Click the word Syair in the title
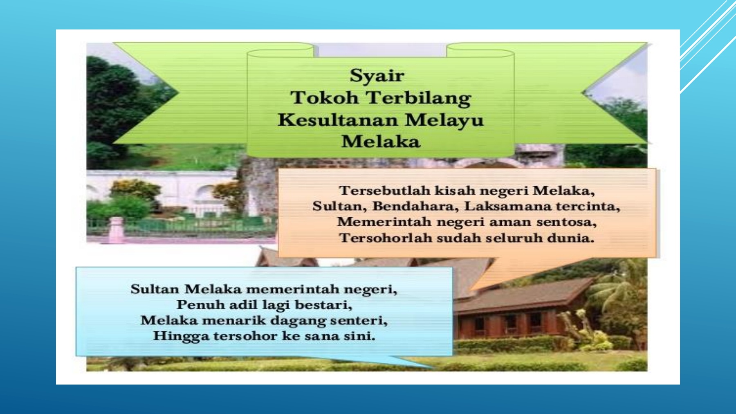(377, 76)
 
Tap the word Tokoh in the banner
(325, 98)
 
